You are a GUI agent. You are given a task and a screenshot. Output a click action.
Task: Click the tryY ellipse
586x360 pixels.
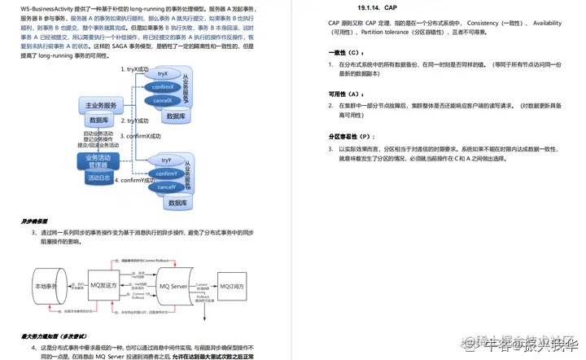[166, 160]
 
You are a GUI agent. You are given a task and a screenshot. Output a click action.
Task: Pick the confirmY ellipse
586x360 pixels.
[166, 174]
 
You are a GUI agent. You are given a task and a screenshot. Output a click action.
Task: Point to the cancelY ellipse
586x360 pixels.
[166, 187]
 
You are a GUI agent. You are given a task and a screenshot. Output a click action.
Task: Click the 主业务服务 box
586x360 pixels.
[102, 106]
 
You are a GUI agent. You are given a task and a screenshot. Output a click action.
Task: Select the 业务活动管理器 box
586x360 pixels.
[98, 161]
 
